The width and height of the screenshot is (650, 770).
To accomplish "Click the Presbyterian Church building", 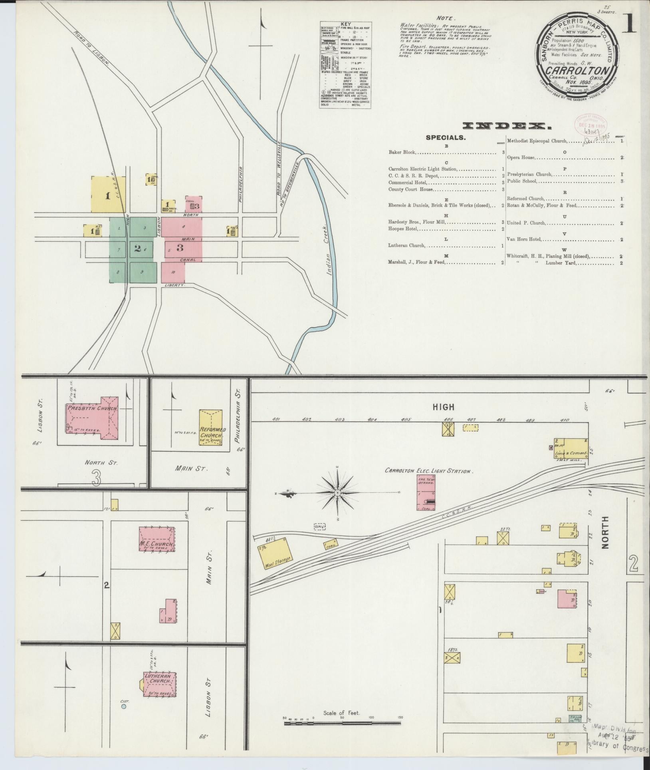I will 92,418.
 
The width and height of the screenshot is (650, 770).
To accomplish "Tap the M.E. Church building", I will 157,540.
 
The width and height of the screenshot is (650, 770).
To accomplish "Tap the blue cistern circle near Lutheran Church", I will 124,706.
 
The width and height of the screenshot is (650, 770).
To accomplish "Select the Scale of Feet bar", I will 343,723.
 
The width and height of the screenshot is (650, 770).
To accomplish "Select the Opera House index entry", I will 521,157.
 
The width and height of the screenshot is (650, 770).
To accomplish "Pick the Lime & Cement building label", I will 571,454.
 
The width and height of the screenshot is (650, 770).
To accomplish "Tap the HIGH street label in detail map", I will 444,407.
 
